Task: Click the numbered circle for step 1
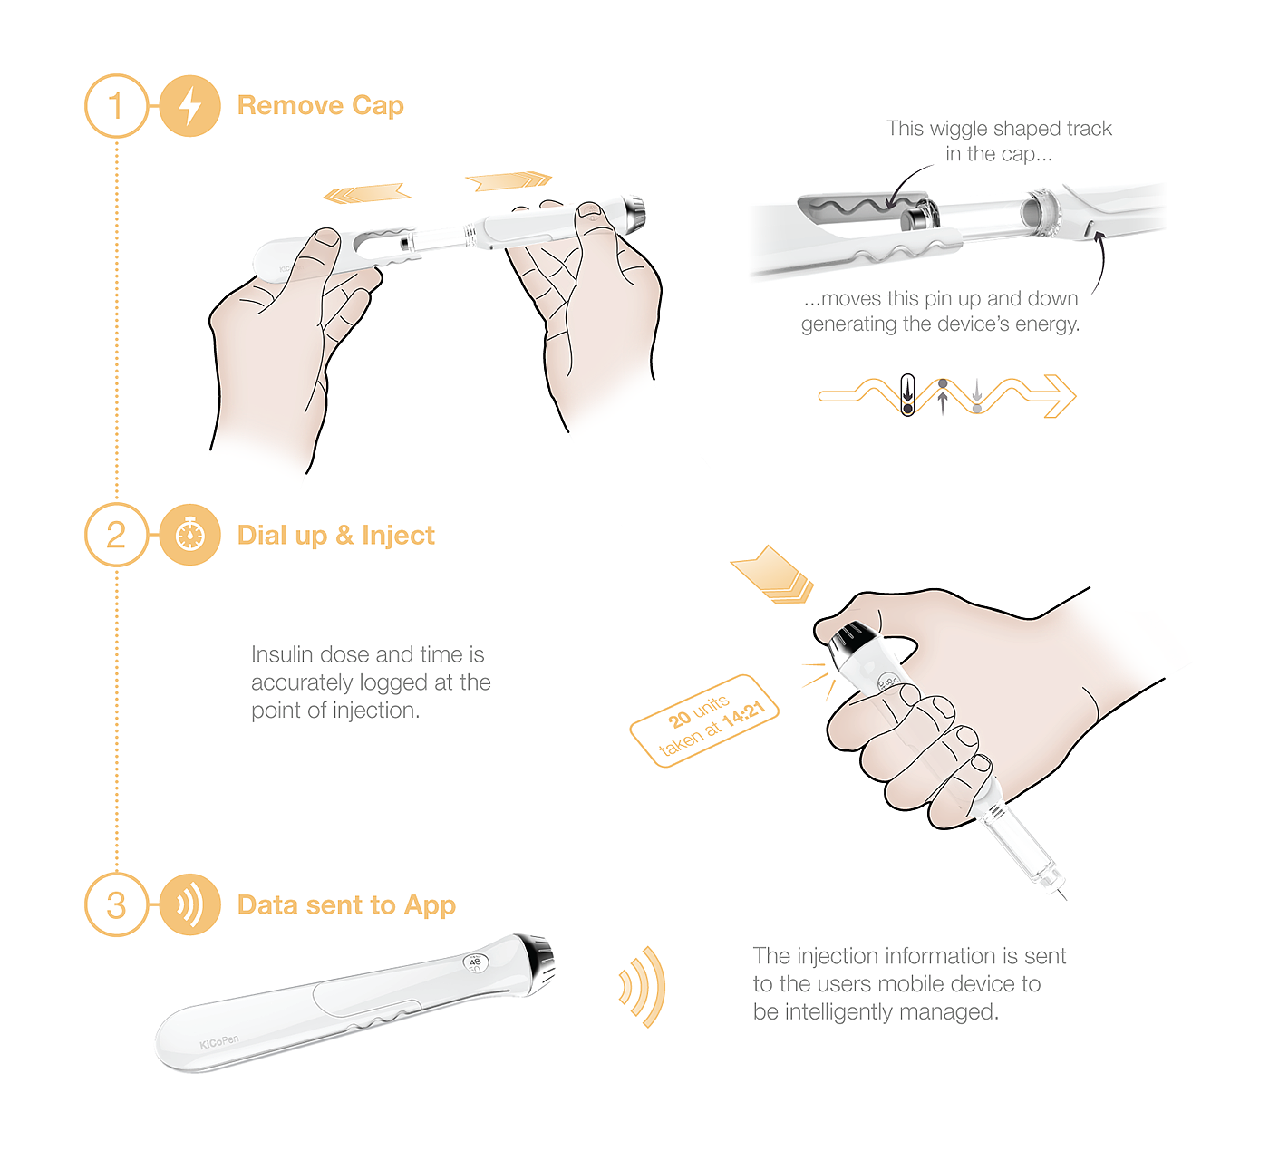tap(116, 106)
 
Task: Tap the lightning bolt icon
tap(189, 106)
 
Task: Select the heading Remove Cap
tap(320, 105)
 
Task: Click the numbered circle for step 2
tap(116, 535)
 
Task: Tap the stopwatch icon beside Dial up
tap(189, 535)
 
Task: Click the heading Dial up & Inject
tap(335, 536)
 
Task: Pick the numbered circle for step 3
tap(116, 904)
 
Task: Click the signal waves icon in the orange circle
tap(189, 904)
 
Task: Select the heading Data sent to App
tap(346, 905)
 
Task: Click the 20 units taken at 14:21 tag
tap(704, 721)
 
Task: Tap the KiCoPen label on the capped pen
tap(219, 1043)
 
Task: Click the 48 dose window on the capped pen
tap(475, 963)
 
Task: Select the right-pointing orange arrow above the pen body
tap(509, 181)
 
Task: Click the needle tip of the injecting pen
tap(1066, 900)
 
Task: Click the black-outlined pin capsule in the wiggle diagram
tap(907, 395)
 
